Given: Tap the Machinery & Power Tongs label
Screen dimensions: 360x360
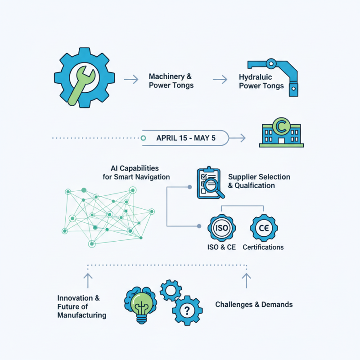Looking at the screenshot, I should (171, 81).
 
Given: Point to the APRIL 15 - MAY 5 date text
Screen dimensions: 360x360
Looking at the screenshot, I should (185, 138).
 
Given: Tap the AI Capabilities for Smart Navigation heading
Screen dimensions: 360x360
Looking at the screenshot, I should (136, 172).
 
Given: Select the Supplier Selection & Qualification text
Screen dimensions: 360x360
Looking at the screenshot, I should (259, 181).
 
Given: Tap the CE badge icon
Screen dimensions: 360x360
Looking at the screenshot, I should (263, 228).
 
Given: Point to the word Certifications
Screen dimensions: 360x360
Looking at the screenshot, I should (263, 247).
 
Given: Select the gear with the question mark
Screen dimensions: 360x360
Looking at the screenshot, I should (187, 310).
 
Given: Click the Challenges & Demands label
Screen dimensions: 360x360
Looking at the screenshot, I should (254, 305).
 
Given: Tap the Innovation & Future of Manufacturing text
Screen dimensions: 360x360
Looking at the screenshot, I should (81, 306).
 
